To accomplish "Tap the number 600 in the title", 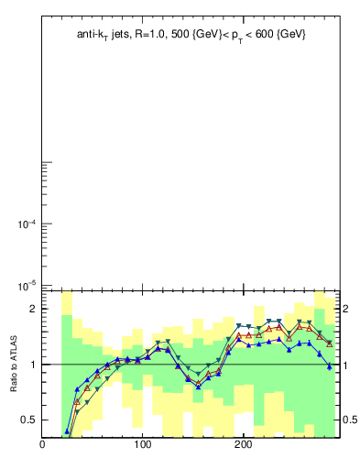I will point(262,34).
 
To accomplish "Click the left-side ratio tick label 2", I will point(33,310).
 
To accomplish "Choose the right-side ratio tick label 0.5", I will point(350,420).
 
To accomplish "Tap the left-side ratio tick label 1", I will point(33,365).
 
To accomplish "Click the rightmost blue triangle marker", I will point(329,366).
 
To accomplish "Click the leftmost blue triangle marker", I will point(67,431).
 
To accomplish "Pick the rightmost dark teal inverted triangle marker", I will point(329,343).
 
